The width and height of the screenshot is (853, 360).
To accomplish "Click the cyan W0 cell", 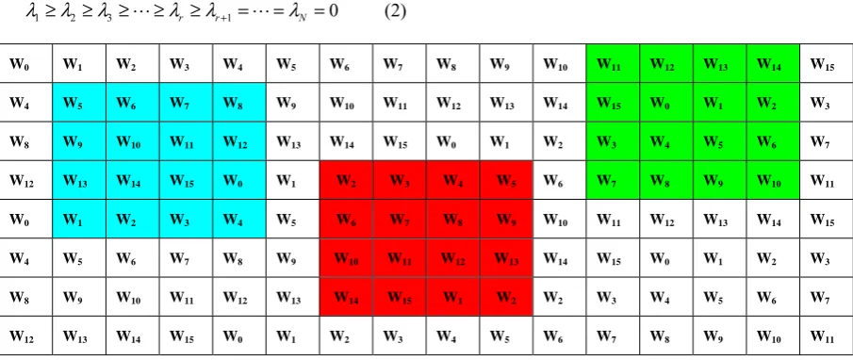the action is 239,180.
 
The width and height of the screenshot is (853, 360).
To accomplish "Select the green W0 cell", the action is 666,102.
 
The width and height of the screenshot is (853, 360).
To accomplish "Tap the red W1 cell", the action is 453,297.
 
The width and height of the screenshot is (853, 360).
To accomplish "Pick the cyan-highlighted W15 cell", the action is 186,180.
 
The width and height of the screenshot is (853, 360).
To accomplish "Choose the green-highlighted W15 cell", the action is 613,102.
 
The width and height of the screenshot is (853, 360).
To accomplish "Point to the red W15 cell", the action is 400,297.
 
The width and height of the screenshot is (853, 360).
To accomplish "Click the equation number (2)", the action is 396,12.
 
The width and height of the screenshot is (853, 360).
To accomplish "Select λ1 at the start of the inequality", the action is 32,12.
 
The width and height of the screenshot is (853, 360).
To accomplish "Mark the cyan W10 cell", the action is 133,141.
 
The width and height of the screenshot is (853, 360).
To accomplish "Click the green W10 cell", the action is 773,180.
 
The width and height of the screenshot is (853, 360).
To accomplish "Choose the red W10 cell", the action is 347,258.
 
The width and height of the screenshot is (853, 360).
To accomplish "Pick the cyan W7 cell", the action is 186,102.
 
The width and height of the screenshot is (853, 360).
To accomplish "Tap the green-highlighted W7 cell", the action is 613,180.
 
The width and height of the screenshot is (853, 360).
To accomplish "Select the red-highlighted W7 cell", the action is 400,220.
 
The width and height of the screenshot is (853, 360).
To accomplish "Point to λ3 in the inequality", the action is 105,12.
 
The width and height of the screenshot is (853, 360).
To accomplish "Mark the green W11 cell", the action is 613,64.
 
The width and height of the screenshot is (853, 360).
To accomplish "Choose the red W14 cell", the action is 347,297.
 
